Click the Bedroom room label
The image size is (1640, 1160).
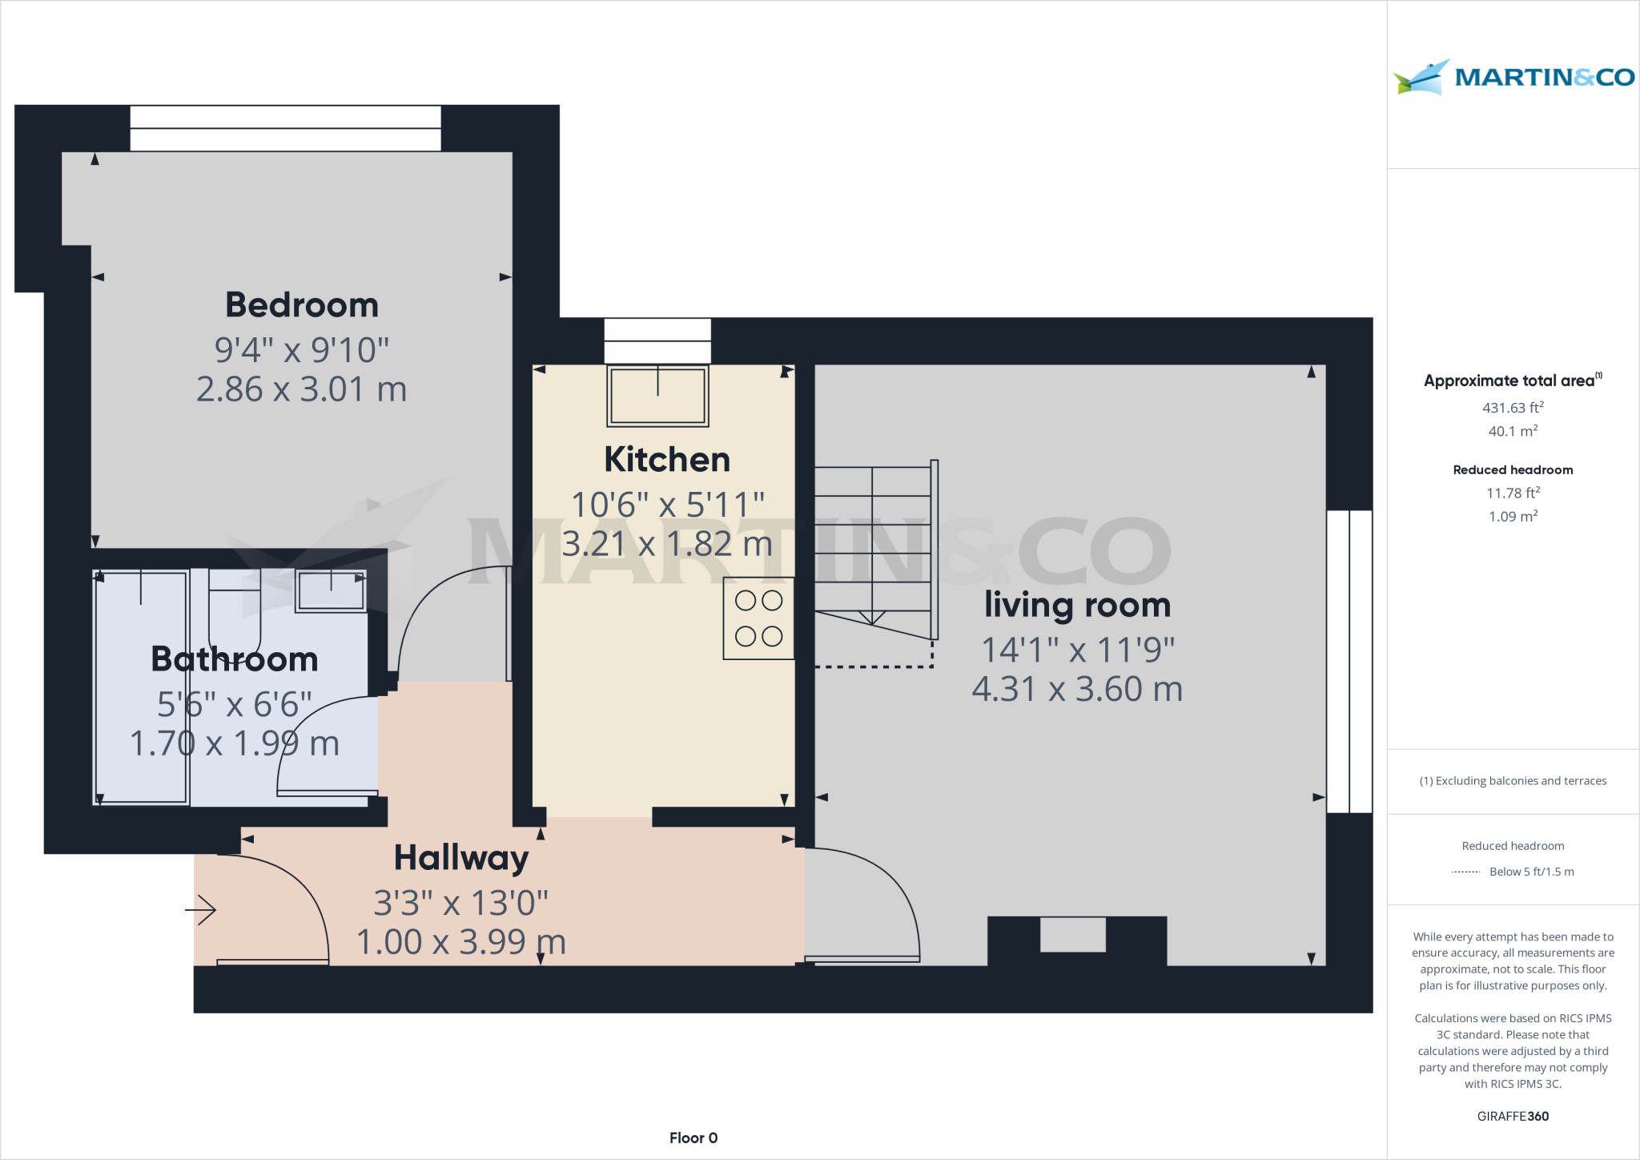[x=302, y=305]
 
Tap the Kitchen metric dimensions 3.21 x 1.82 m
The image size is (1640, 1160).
[x=666, y=544]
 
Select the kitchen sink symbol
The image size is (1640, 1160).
[x=657, y=396]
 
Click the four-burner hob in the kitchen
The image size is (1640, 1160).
[x=758, y=618]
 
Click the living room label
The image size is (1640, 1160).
[x=1077, y=605]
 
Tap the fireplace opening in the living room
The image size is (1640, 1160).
[x=1072, y=935]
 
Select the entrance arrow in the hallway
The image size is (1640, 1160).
[x=202, y=911]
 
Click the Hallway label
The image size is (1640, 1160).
[x=461, y=858]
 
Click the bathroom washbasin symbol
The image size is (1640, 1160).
[x=331, y=591]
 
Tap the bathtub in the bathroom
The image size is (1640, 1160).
[x=142, y=687]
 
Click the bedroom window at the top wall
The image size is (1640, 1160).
[x=285, y=128]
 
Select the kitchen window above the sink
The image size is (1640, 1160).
[x=657, y=341]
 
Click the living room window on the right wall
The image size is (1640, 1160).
[x=1349, y=662]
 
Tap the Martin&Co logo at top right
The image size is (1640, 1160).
[x=1513, y=77]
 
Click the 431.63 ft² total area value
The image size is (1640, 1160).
[x=1513, y=408]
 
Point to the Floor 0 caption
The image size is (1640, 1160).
[x=693, y=1138]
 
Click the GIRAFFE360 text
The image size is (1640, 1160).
[x=1513, y=1116]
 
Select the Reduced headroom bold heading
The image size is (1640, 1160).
[x=1513, y=470]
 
